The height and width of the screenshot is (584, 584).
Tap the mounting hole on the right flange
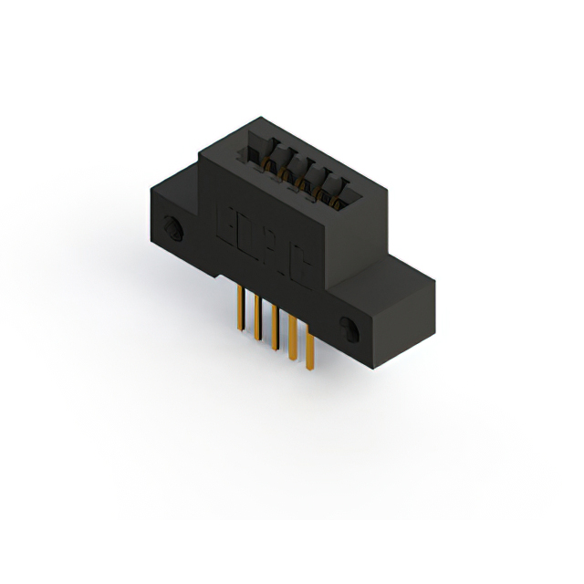[x=348, y=328]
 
